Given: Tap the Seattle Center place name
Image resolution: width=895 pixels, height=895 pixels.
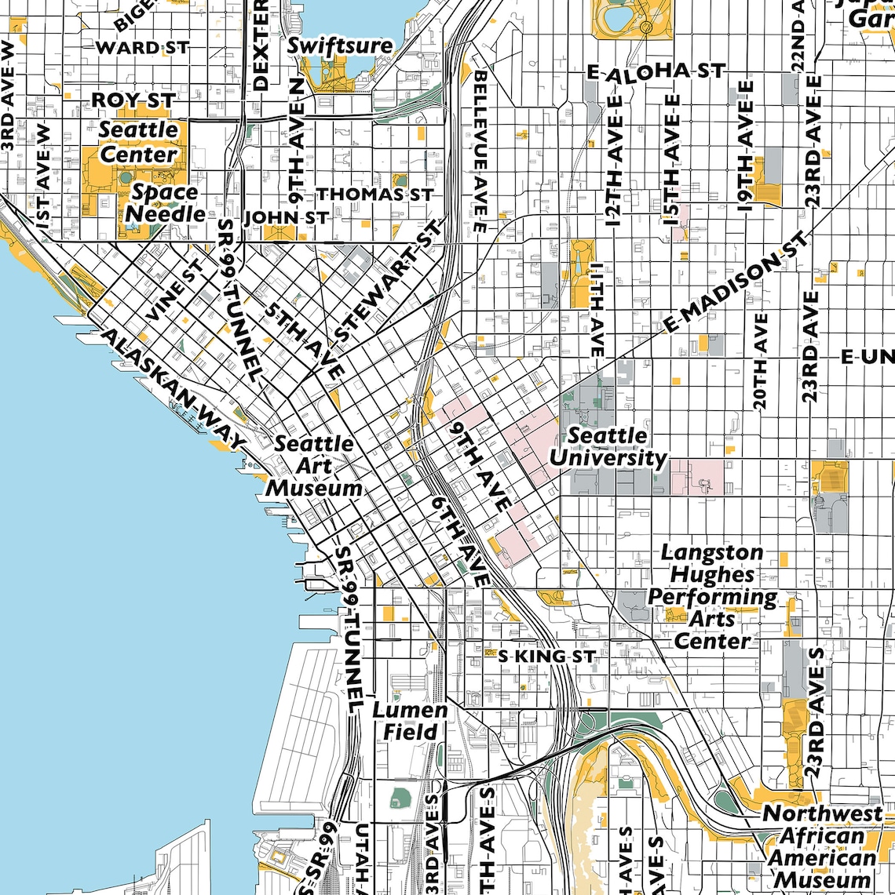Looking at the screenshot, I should coord(138,142).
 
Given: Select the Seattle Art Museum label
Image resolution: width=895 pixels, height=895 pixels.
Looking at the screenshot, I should coord(314,465).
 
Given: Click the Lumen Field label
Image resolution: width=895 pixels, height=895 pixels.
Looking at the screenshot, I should coord(409,721).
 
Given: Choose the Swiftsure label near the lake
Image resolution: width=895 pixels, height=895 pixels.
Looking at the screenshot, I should coord(339,45).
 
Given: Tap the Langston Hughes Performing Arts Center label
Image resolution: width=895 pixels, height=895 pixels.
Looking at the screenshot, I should coord(712,596).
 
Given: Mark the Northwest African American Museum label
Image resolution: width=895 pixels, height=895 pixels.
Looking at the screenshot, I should coord(821,847).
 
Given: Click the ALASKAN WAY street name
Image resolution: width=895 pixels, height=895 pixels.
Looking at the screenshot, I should coord(168,389).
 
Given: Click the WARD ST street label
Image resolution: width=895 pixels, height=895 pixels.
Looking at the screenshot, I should coord(141,48).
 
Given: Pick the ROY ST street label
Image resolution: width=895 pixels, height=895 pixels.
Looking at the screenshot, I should coord(133,100).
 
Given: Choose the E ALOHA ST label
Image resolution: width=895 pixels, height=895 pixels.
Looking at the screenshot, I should coord(656,71).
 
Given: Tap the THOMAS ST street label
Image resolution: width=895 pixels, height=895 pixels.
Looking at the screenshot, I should coord(374,193).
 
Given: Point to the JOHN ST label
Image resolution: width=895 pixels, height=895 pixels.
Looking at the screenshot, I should coord(286,217).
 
